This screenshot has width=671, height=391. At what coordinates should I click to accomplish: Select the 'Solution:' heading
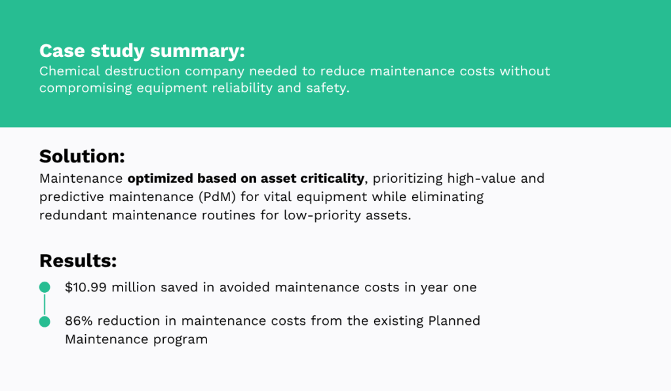pos(82,157)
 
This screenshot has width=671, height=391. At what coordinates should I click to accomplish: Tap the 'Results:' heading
pos(78,261)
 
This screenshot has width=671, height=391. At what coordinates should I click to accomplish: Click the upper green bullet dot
pos(45,288)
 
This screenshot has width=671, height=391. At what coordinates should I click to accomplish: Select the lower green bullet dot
pos(45,322)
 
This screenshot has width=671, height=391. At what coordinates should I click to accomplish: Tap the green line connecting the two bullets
pos(45,305)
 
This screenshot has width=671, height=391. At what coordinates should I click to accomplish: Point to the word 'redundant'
pos(72,215)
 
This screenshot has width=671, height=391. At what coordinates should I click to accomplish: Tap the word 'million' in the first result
pos(135,288)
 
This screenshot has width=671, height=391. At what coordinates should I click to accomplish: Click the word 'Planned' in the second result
pos(454,321)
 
